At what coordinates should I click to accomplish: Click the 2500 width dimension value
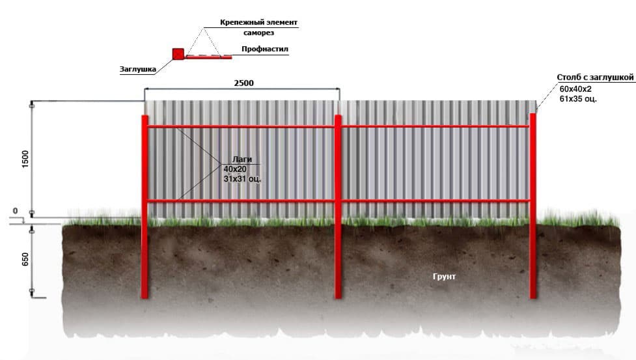click(x=243, y=83)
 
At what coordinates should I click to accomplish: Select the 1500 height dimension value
click(x=25, y=158)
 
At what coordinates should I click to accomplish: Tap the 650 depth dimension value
click(x=25, y=260)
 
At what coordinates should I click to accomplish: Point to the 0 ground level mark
click(x=16, y=211)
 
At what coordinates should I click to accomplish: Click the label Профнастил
click(x=265, y=49)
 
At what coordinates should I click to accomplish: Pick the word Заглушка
click(x=138, y=69)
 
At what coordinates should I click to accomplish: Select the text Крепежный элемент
click(x=259, y=22)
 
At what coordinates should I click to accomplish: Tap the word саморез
click(x=259, y=33)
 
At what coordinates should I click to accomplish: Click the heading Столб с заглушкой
click(x=595, y=77)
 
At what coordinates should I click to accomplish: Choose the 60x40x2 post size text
click(x=575, y=89)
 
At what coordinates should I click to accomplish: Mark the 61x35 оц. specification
click(x=578, y=98)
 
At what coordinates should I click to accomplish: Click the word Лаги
click(x=242, y=159)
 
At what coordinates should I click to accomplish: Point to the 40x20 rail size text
click(x=235, y=169)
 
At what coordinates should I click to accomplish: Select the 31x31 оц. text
click(x=242, y=178)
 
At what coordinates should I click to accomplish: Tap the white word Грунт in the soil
click(x=444, y=277)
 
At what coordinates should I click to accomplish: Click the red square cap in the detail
click(x=178, y=54)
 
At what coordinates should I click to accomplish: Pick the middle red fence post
click(x=337, y=207)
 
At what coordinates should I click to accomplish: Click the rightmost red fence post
click(x=533, y=206)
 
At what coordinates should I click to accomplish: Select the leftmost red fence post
click(x=145, y=207)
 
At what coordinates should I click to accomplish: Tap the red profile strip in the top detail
click(x=208, y=57)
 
